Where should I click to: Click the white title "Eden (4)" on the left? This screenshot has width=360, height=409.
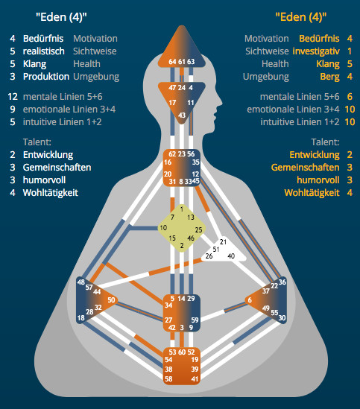(61, 17)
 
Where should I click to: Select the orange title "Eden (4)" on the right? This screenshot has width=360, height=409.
(301, 17)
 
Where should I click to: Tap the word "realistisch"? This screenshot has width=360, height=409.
(43, 51)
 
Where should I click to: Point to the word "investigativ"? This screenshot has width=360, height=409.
(316, 51)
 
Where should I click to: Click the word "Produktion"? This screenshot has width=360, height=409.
(46, 77)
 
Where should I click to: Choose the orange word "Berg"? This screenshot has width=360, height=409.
(329, 77)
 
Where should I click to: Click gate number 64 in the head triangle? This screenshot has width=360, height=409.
(172, 62)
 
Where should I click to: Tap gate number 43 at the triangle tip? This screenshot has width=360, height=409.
(182, 115)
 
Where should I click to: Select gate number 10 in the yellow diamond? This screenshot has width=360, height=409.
(163, 228)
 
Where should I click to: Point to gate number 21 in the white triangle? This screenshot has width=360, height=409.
(223, 242)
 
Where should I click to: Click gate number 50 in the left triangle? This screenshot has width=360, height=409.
(111, 300)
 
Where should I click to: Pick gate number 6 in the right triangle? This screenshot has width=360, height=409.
(250, 300)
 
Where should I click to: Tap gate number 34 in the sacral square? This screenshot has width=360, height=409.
(168, 305)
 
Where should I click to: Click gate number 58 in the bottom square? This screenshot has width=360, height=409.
(168, 378)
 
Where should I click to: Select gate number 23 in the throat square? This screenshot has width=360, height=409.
(182, 154)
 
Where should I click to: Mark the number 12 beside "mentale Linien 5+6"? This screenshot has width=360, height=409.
(13, 97)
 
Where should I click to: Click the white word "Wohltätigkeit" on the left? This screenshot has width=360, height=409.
(51, 193)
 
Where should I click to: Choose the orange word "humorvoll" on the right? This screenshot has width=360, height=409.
(318, 180)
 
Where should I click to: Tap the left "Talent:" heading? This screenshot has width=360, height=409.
(37, 142)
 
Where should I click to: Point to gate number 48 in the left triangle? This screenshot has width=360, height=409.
(81, 282)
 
